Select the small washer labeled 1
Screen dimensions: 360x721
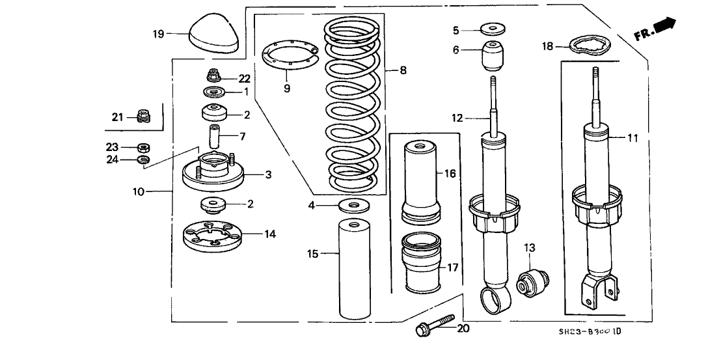(213, 91)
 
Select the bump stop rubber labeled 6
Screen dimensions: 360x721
(493, 56)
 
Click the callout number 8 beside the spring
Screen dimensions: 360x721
(403, 70)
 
